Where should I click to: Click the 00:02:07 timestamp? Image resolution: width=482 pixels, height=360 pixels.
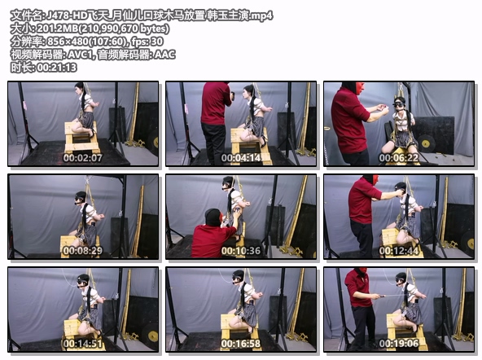(83, 158)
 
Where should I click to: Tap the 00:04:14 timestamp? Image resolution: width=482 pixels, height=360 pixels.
(241, 158)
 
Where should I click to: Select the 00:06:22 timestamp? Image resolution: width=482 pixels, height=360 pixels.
(399, 158)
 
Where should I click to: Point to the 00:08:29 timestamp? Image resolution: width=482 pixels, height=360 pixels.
(83, 251)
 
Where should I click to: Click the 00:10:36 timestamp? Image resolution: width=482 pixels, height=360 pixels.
(241, 251)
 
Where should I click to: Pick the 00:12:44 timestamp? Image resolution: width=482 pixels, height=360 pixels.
(399, 251)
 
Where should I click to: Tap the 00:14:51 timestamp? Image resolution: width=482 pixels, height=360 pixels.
(83, 344)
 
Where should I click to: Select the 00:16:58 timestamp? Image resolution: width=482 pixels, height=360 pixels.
(241, 344)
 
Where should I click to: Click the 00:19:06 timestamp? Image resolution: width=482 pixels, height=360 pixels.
(399, 344)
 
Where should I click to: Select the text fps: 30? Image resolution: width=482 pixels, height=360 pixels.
(147, 42)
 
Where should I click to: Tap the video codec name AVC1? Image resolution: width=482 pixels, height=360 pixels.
(80, 55)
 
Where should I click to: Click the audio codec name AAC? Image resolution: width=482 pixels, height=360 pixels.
(164, 55)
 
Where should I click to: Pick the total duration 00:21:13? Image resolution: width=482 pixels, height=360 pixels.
(57, 68)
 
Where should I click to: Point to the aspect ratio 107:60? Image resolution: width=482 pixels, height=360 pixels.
(109, 42)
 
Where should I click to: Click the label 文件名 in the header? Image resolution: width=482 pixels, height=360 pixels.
(24, 15)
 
